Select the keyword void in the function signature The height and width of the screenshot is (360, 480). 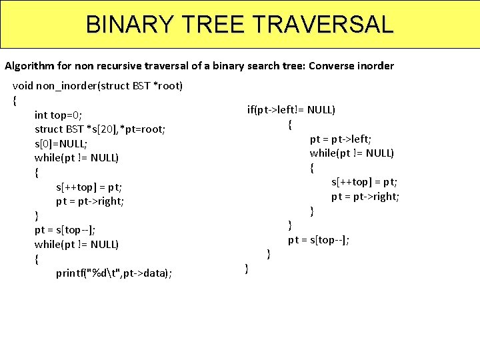click(x=23, y=86)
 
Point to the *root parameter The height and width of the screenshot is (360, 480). click(x=169, y=86)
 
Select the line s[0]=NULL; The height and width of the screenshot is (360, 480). click(x=61, y=143)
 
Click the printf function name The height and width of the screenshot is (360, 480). click(x=69, y=273)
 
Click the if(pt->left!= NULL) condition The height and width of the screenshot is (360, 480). click(x=291, y=110)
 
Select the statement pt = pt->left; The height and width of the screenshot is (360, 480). click(x=341, y=139)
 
